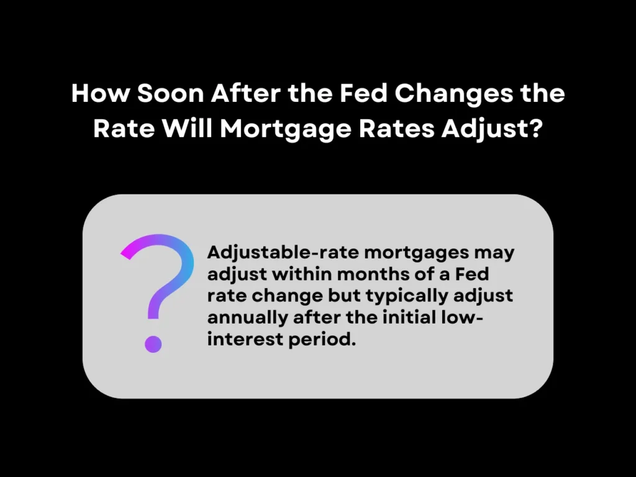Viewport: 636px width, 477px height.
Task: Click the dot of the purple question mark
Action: [153, 342]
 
